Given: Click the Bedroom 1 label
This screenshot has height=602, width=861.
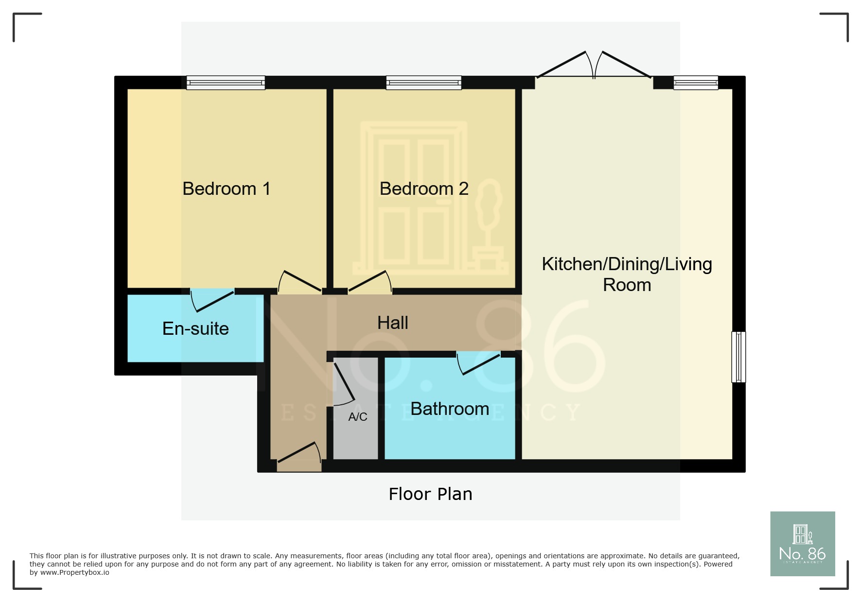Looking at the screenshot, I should [226, 189].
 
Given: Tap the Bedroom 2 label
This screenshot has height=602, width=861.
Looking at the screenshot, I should [424, 189].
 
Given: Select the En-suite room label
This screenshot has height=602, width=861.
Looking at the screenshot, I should [195, 328].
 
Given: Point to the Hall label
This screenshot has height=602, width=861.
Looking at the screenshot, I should [393, 323].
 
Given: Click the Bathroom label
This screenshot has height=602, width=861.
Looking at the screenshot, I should [450, 409].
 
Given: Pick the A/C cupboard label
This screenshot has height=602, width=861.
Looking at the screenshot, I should [358, 416].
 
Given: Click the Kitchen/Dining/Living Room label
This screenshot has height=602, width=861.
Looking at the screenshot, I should [627, 274].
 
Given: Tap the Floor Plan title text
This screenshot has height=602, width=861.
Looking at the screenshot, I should [430, 494].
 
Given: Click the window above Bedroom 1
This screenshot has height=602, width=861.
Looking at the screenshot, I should [226, 83].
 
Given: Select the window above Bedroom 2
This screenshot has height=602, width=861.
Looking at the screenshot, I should [424, 83].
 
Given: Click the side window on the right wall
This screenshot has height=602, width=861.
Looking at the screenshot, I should [738, 357].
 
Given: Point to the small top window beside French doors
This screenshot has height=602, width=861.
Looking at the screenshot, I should [696, 83].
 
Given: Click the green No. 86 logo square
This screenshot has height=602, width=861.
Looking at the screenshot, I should [802, 544].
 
